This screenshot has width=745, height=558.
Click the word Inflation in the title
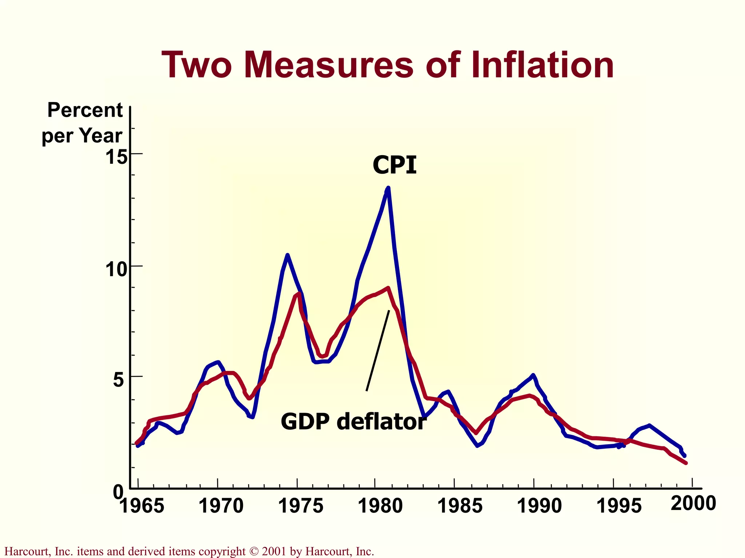click(x=542, y=65)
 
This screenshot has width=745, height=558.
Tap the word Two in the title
click(x=197, y=65)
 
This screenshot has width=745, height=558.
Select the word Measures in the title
click(x=329, y=65)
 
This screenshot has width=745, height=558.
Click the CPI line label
click(x=395, y=165)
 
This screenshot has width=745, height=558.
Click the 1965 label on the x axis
click(x=142, y=506)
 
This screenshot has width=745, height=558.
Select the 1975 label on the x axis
click(x=300, y=506)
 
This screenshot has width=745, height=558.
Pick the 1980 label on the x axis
click(x=380, y=506)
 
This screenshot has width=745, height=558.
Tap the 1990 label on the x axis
click(x=539, y=506)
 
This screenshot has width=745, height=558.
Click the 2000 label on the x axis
click(x=693, y=504)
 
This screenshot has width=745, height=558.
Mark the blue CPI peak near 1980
click(x=388, y=189)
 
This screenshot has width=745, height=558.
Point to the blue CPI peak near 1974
click(x=287, y=255)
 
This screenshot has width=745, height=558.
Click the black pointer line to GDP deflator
click(x=378, y=351)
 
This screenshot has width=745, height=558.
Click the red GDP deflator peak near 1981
click(x=388, y=288)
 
